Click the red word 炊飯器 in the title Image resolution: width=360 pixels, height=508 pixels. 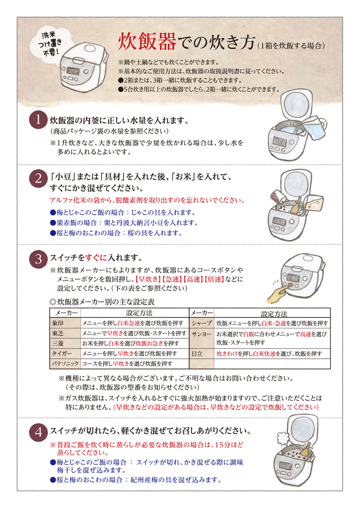click(147, 42)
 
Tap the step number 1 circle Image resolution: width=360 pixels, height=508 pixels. click(38, 120)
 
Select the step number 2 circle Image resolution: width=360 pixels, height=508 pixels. click(38, 178)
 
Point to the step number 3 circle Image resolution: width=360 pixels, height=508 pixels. click(38, 259)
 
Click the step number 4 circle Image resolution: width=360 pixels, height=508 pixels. click(38, 432)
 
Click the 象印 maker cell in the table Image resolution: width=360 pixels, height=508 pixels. click(65, 323)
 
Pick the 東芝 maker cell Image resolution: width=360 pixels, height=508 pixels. click(65, 333)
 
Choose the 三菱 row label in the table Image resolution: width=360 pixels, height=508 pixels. click(65, 343)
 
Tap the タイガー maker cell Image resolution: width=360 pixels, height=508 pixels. click(65, 353)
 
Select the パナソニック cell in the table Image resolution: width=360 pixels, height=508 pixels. click(65, 364)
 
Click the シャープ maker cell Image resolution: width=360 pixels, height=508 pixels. click(202, 323)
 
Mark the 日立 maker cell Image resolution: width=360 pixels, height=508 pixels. click(202, 353)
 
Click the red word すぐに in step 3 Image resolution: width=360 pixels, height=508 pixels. click(96, 258)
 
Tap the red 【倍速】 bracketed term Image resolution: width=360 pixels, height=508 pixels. click(214, 279)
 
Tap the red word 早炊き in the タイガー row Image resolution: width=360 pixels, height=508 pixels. click(125, 353)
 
